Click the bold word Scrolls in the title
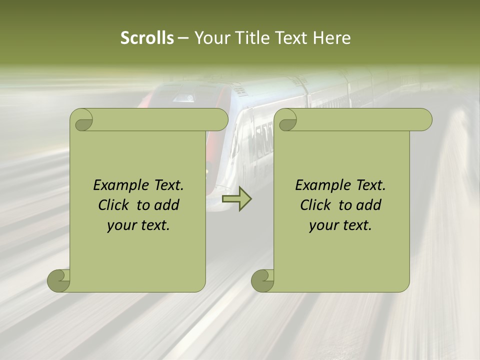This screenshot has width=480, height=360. (147, 38)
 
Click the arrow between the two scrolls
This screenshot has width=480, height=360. (236, 199)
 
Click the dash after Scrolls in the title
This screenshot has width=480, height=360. (183, 38)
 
